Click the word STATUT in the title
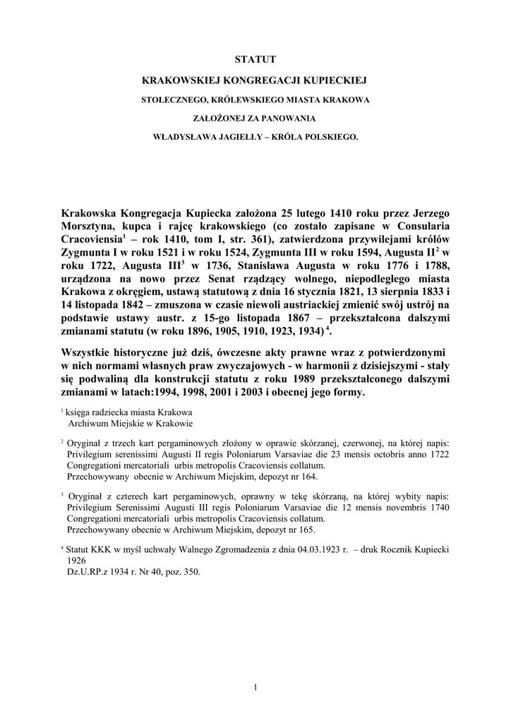(255, 59)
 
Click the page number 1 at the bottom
(255, 687)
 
